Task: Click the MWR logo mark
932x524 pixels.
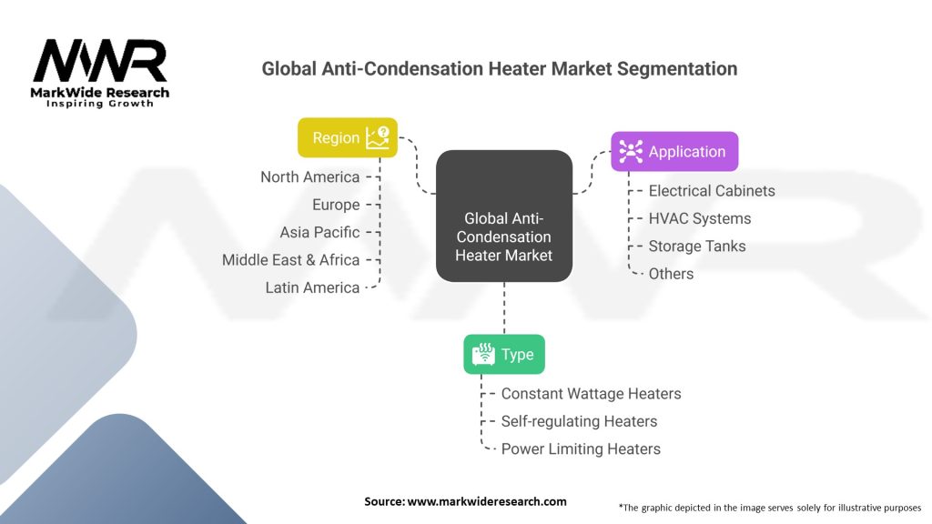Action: (x=100, y=62)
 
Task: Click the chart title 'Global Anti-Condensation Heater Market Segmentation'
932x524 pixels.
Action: (x=499, y=68)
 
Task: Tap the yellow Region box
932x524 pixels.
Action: (x=348, y=137)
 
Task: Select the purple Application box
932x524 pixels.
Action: (x=674, y=152)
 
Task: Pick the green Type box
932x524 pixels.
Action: (x=503, y=354)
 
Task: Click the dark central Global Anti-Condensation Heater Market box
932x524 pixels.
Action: (x=503, y=217)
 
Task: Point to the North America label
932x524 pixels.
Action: (x=309, y=176)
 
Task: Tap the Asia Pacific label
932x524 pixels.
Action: (x=319, y=232)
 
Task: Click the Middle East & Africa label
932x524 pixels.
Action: (x=290, y=260)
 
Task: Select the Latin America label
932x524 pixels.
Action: (x=312, y=287)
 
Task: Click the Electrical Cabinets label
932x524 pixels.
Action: (x=711, y=191)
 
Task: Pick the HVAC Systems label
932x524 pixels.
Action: (x=699, y=218)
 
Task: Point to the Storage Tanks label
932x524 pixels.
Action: (x=696, y=246)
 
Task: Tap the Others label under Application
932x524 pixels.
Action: (x=671, y=274)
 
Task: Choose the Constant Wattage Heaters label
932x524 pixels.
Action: (x=591, y=394)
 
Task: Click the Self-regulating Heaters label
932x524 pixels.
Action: (x=579, y=421)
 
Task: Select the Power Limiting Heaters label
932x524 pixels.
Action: (x=581, y=448)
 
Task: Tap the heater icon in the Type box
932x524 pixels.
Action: (x=484, y=354)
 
